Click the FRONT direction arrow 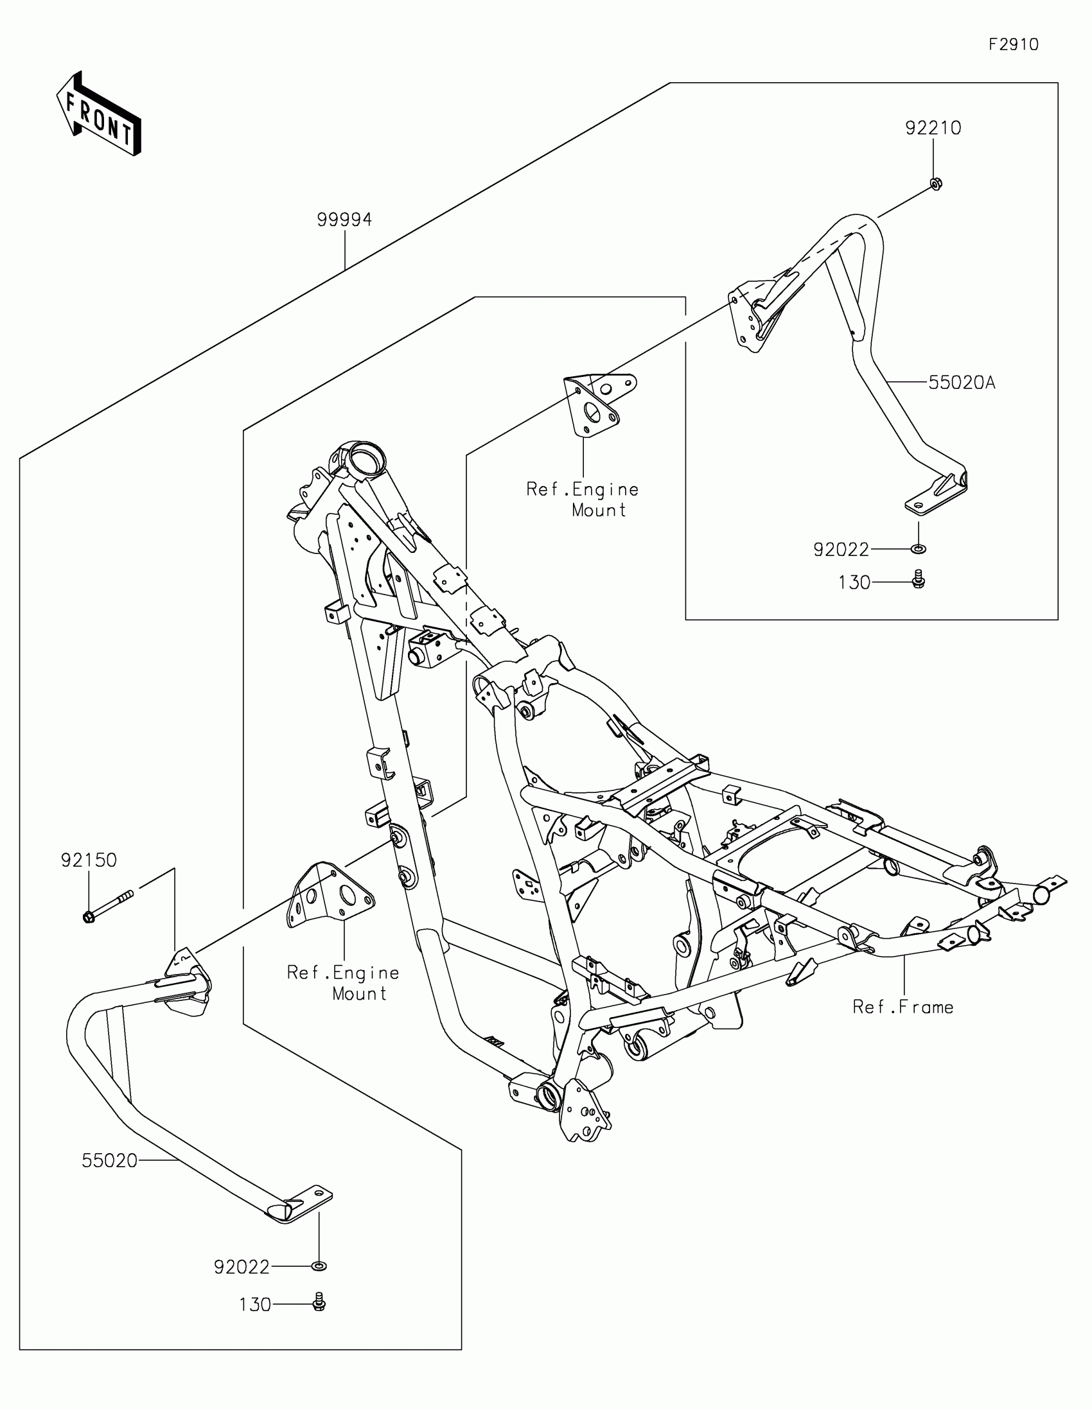pos(98,114)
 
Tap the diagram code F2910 pos(1013,44)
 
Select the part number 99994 pos(344,220)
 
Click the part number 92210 pos(933,128)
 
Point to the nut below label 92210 pos(934,184)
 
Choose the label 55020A pos(962,383)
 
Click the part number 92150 pos(89,860)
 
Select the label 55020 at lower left pos(110,1161)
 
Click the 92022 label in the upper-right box pos(841,550)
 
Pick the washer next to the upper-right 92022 pos(918,550)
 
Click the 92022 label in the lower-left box pos(242,1267)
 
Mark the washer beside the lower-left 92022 pos(319,1266)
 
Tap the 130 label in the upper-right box pos(854,583)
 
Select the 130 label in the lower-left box pos(255,1305)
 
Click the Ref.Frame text pos(902,1007)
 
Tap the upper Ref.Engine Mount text pos(583,500)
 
